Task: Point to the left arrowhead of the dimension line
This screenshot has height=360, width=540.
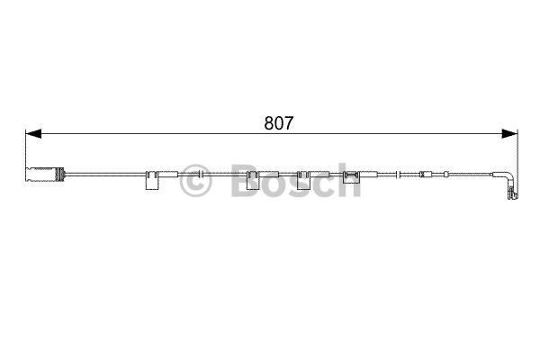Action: tap(32, 134)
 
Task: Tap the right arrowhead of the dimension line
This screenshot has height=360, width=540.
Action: tap(510, 134)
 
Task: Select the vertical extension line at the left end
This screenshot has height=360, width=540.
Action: tap(25, 148)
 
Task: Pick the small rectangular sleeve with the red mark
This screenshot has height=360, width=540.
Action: tap(427, 173)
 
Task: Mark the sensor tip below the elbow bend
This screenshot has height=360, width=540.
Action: tap(511, 193)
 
